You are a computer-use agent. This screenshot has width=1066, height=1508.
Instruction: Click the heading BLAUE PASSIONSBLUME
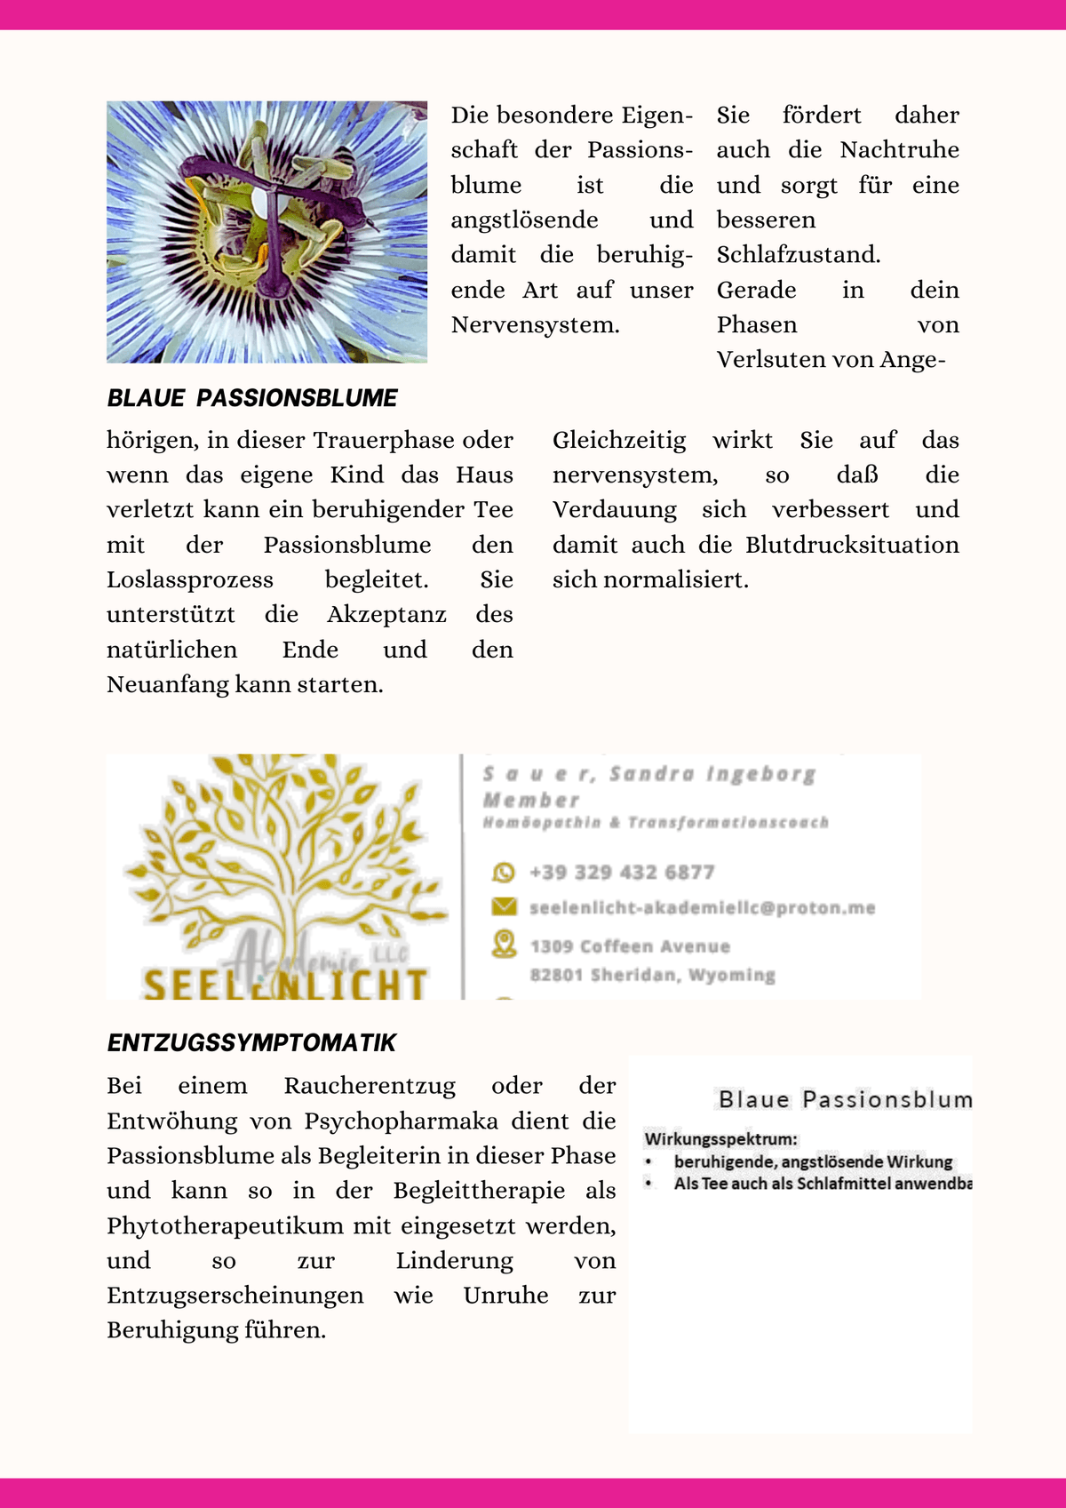(252, 398)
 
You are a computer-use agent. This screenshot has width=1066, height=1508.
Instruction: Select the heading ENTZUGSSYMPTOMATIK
(251, 1043)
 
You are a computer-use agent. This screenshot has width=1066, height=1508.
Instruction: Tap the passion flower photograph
(266, 232)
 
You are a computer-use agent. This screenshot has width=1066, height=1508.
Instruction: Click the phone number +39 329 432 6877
(622, 873)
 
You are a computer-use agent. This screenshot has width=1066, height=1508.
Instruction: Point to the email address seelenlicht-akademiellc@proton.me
(702, 908)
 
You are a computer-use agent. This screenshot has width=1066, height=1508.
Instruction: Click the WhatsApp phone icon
(504, 873)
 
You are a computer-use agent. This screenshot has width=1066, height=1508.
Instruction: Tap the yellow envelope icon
(504, 906)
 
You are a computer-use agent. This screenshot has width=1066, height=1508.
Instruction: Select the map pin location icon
(504, 944)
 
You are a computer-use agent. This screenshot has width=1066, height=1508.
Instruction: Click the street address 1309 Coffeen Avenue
(630, 946)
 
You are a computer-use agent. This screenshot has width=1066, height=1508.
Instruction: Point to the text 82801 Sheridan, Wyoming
(652, 975)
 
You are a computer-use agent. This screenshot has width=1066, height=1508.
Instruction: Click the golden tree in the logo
(275, 853)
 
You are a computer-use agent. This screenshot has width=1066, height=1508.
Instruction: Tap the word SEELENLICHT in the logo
(284, 985)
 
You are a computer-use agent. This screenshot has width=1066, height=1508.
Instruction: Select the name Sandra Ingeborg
(712, 774)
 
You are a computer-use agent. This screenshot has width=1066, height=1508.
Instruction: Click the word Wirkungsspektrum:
(721, 1138)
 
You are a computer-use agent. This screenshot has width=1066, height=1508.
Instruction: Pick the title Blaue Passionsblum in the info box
(845, 1100)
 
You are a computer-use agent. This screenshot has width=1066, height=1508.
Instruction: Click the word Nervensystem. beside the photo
(535, 325)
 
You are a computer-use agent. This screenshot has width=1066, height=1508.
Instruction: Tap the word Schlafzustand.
(799, 255)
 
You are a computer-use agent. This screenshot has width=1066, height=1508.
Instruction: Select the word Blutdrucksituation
(852, 545)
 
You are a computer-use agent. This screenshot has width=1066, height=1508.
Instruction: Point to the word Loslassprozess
(190, 580)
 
